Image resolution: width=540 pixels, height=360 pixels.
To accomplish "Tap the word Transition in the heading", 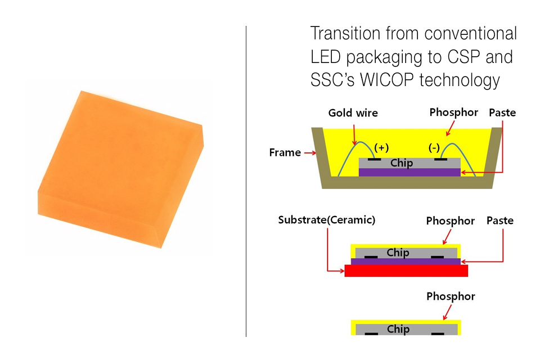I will point(345,34).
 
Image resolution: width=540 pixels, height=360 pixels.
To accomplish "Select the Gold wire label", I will point(353,113).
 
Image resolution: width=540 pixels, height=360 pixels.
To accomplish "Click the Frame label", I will point(285,152).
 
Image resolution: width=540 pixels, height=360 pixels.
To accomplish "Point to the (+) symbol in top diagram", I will point(381,148).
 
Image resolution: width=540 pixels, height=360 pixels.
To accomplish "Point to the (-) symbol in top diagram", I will point(434,148).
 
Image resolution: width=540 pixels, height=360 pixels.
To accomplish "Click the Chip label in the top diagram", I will point(402,163).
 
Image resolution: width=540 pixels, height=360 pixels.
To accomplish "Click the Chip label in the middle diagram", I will point(398,253).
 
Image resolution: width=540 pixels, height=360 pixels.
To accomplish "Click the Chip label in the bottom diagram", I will point(398,329).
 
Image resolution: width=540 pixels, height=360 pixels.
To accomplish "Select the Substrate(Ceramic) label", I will point(326,220).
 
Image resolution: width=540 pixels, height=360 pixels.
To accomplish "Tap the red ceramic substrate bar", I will point(406,271).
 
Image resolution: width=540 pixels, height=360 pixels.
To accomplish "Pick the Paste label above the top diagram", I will point(502,113).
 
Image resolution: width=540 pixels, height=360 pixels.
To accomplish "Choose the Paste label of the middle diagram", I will point(499,220).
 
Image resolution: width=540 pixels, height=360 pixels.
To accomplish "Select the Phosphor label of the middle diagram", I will point(450,220).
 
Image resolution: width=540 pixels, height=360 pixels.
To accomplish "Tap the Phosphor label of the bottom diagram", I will point(450,296).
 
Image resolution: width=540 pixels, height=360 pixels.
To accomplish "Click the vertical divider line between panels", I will point(246,180).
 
